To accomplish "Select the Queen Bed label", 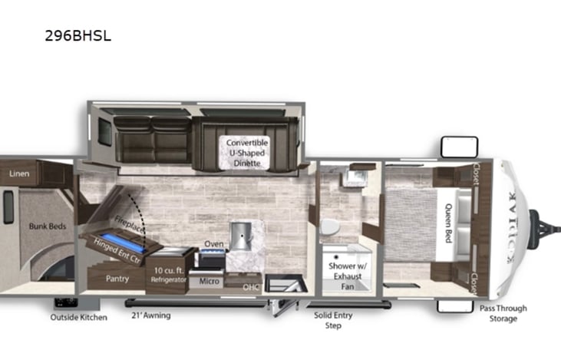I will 445,222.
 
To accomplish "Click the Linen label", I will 19,173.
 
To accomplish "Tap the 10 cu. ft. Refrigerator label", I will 167,275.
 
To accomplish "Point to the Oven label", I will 213,244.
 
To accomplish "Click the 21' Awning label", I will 152,315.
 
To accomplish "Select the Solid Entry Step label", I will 332,319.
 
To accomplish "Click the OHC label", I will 250,287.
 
